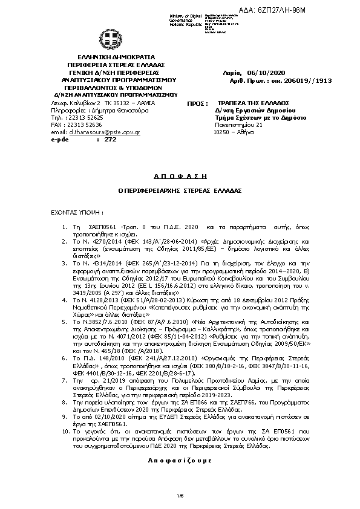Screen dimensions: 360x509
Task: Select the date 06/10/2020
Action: click(x=257, y=73)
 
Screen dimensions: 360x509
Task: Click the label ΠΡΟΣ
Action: click(x=195, y=104)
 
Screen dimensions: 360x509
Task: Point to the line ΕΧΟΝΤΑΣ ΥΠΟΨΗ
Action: click(x=76, y=213)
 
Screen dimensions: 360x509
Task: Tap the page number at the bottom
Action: click(x=180, y=496)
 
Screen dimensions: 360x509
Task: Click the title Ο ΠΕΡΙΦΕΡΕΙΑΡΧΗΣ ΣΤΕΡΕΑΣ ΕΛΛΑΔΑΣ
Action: click(x=180, y=189)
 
